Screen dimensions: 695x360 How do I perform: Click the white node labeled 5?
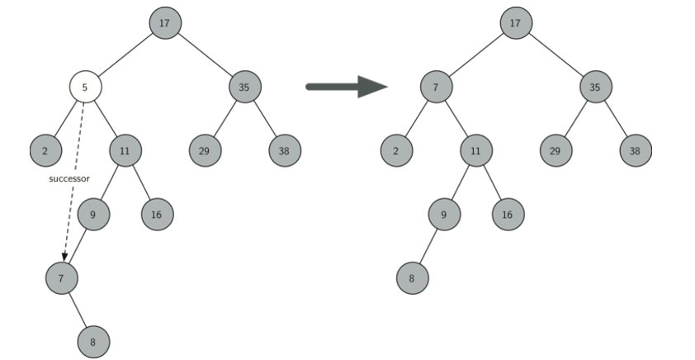(85, 86)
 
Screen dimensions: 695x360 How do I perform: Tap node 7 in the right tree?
(435, 86)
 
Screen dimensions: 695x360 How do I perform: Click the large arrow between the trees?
(346, 86)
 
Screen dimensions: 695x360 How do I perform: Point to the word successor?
(69, 178)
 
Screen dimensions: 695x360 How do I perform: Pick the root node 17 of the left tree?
(165, 23)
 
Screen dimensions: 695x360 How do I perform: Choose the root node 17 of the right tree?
(515, 23)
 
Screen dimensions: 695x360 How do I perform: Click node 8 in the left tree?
(93, 339)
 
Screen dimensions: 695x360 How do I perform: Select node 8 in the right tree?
(411, 277)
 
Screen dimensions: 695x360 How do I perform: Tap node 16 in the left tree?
(157, 215)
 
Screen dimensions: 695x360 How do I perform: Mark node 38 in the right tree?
(635, 150)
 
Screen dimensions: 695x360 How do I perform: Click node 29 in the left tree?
(204, 150)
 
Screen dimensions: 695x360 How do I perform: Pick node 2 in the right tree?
(396, 150)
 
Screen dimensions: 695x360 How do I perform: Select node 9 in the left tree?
(93, 215)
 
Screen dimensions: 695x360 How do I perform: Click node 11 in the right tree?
(475, 150)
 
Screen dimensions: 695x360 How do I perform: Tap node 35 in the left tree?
(244, 86)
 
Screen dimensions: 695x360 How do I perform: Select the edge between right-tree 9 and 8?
(428, 246)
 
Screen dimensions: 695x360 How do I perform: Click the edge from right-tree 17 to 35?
(554, 54)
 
